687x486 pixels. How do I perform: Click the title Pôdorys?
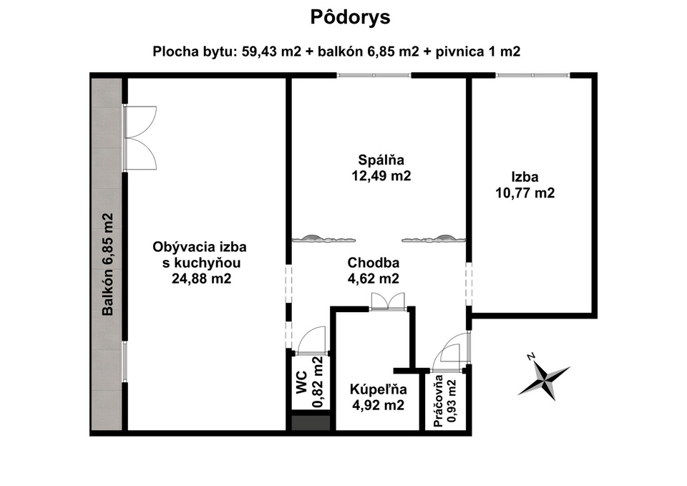pos(350,17)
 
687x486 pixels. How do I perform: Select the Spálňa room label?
pos(381,160)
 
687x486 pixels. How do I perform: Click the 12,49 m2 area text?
pos(381,176)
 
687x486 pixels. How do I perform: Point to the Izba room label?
pos(525,177)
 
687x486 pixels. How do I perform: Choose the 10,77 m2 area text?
pos(525,193)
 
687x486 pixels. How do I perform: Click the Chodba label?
pos(374,263)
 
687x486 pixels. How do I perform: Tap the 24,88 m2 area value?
pos(201,278)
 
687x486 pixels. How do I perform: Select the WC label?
pos(301,382)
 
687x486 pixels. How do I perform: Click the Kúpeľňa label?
pos(378,389)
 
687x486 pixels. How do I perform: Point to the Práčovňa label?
pos(438,401)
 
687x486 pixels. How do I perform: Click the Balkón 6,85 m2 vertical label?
pos(107,264)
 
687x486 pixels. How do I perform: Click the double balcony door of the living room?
pos(140,138)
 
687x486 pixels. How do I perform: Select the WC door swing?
pos(311,340)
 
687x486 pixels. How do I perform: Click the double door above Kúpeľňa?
pos(388,301)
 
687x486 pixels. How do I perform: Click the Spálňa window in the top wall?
pos(374,75)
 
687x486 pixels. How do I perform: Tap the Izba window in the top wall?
pos(532,75)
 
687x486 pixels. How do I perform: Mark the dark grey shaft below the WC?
pos(311,423)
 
